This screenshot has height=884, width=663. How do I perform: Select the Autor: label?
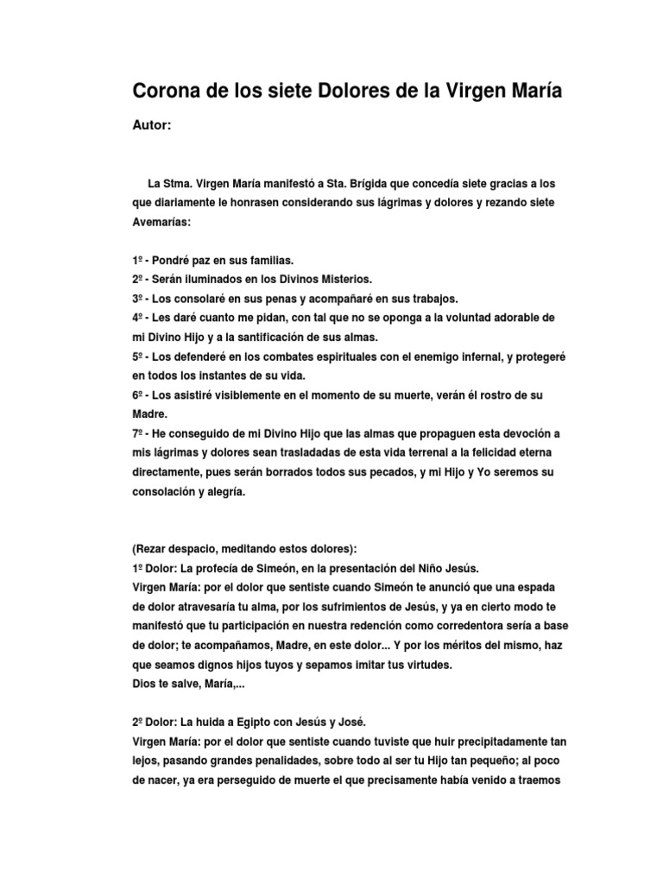[152, 126]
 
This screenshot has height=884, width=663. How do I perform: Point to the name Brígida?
[366, 184]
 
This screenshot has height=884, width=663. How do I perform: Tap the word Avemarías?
[162, 222]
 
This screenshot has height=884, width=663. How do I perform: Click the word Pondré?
[177, 260]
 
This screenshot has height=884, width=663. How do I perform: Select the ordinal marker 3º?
[138, 298]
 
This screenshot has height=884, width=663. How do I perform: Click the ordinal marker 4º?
[138, 317]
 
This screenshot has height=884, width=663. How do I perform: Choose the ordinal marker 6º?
[138, 395]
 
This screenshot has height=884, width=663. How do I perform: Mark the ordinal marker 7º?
[138, 433]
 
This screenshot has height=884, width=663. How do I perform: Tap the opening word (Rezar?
[152, 548]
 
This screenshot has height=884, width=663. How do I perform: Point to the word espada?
[548, 586]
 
